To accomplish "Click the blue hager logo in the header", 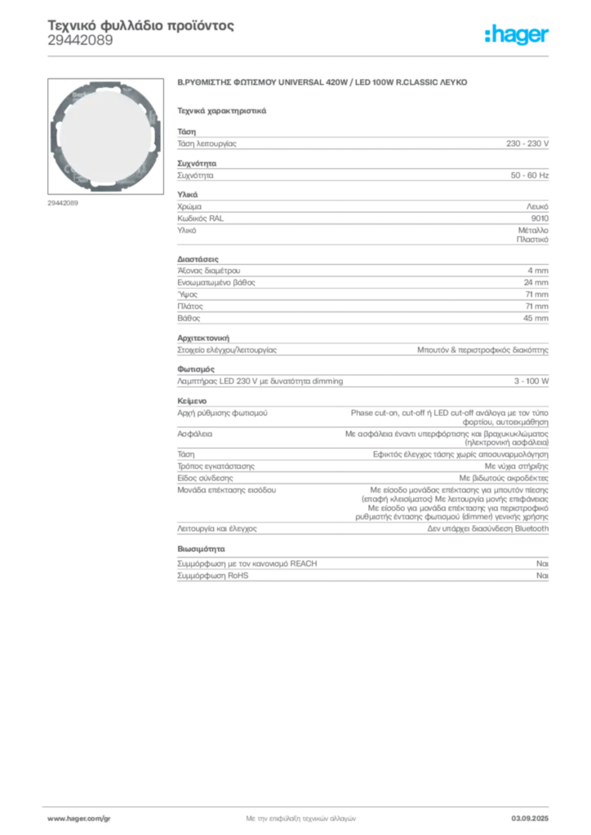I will click(x=518, y=36).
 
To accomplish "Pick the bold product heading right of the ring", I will click(x=323, y=85).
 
